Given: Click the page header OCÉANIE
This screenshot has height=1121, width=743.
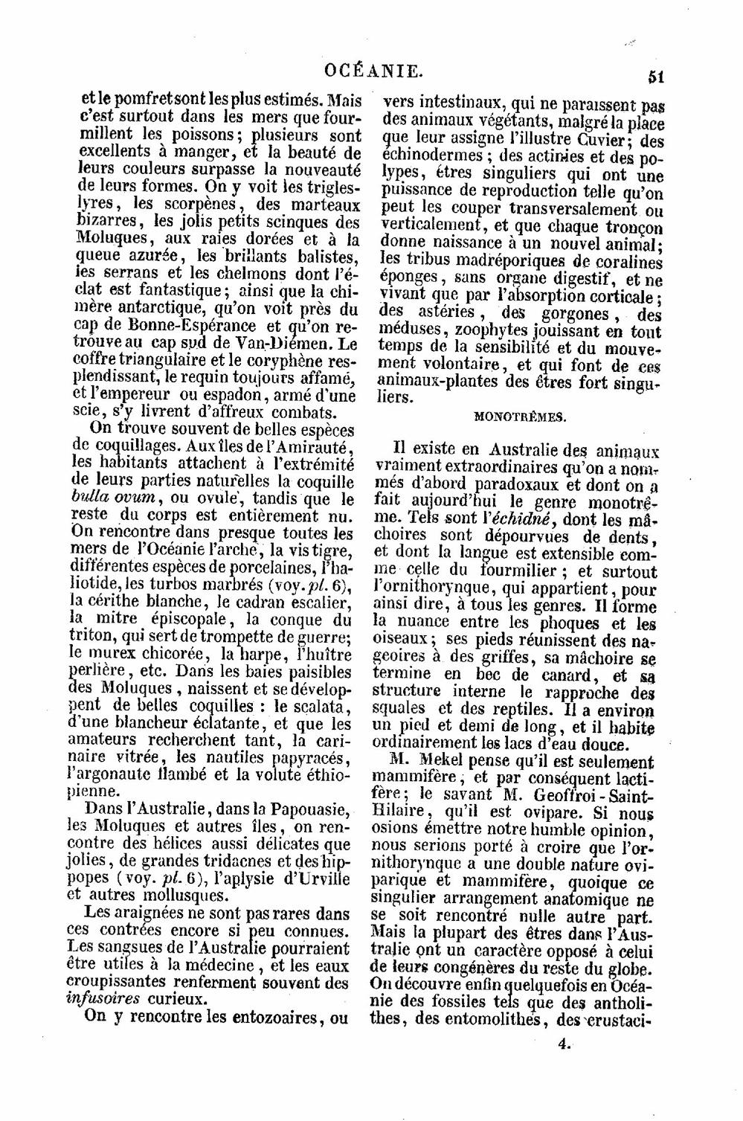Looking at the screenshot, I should point(374,71).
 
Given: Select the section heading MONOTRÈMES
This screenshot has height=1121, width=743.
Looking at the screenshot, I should point(520,417).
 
